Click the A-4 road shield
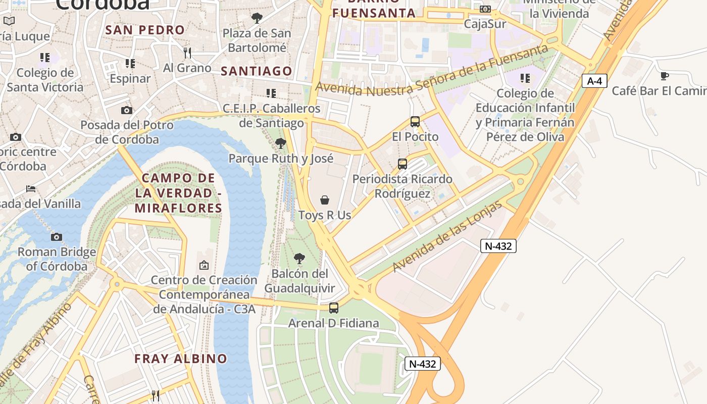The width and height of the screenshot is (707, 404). click(594, 81)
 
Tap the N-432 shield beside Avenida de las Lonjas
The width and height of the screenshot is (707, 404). click(498, 246)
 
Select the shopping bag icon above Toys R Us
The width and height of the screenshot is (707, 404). click(325, 200)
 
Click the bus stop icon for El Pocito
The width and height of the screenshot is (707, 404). click(415, 122)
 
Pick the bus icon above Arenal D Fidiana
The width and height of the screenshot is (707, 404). click(333, 308)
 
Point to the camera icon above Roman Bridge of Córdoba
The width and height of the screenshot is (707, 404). click(57, 237)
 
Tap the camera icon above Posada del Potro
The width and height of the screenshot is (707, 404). click(126, 110)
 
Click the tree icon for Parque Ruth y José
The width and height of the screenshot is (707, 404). click(280, 143)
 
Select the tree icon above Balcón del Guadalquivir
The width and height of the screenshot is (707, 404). click(299, 259)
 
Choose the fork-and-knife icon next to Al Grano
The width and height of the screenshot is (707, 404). click(187, 53)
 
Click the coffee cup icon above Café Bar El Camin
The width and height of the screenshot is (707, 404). click(665, 76)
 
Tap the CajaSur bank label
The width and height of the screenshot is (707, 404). click(485, 24)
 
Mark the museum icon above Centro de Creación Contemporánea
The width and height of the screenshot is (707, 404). click(204, 265)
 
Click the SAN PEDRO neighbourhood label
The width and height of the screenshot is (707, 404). click(145, 30)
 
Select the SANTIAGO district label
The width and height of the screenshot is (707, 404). click(257, 71)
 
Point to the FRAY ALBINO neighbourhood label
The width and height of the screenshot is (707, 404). click(181, 359)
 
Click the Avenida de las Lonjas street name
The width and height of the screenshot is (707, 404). click(448, 236)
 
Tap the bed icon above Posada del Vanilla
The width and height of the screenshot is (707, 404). click(31, 189)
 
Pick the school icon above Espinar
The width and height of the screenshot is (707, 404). click(130, 64)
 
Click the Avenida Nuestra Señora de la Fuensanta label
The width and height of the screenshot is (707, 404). click(432, 70)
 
